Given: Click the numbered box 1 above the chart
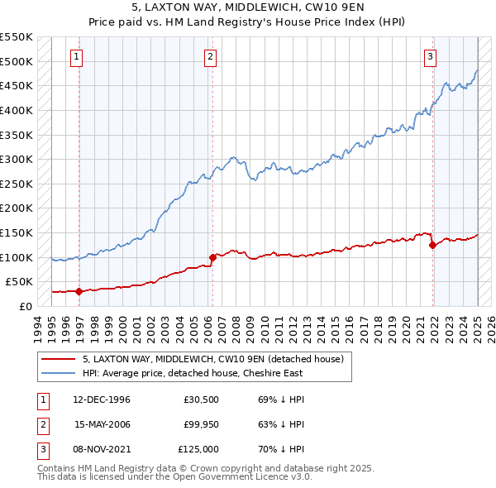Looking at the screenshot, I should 76,57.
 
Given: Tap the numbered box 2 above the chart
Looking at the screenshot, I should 211,57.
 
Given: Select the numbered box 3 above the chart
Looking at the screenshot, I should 431,57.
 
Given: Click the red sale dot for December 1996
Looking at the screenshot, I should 79,291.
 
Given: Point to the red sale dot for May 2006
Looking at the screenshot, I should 212,257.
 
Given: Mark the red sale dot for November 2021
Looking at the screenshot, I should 432,245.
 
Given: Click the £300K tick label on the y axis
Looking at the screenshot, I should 17,159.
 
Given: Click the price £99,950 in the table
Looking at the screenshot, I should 202,424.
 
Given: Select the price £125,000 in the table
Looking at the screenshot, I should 199,449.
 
